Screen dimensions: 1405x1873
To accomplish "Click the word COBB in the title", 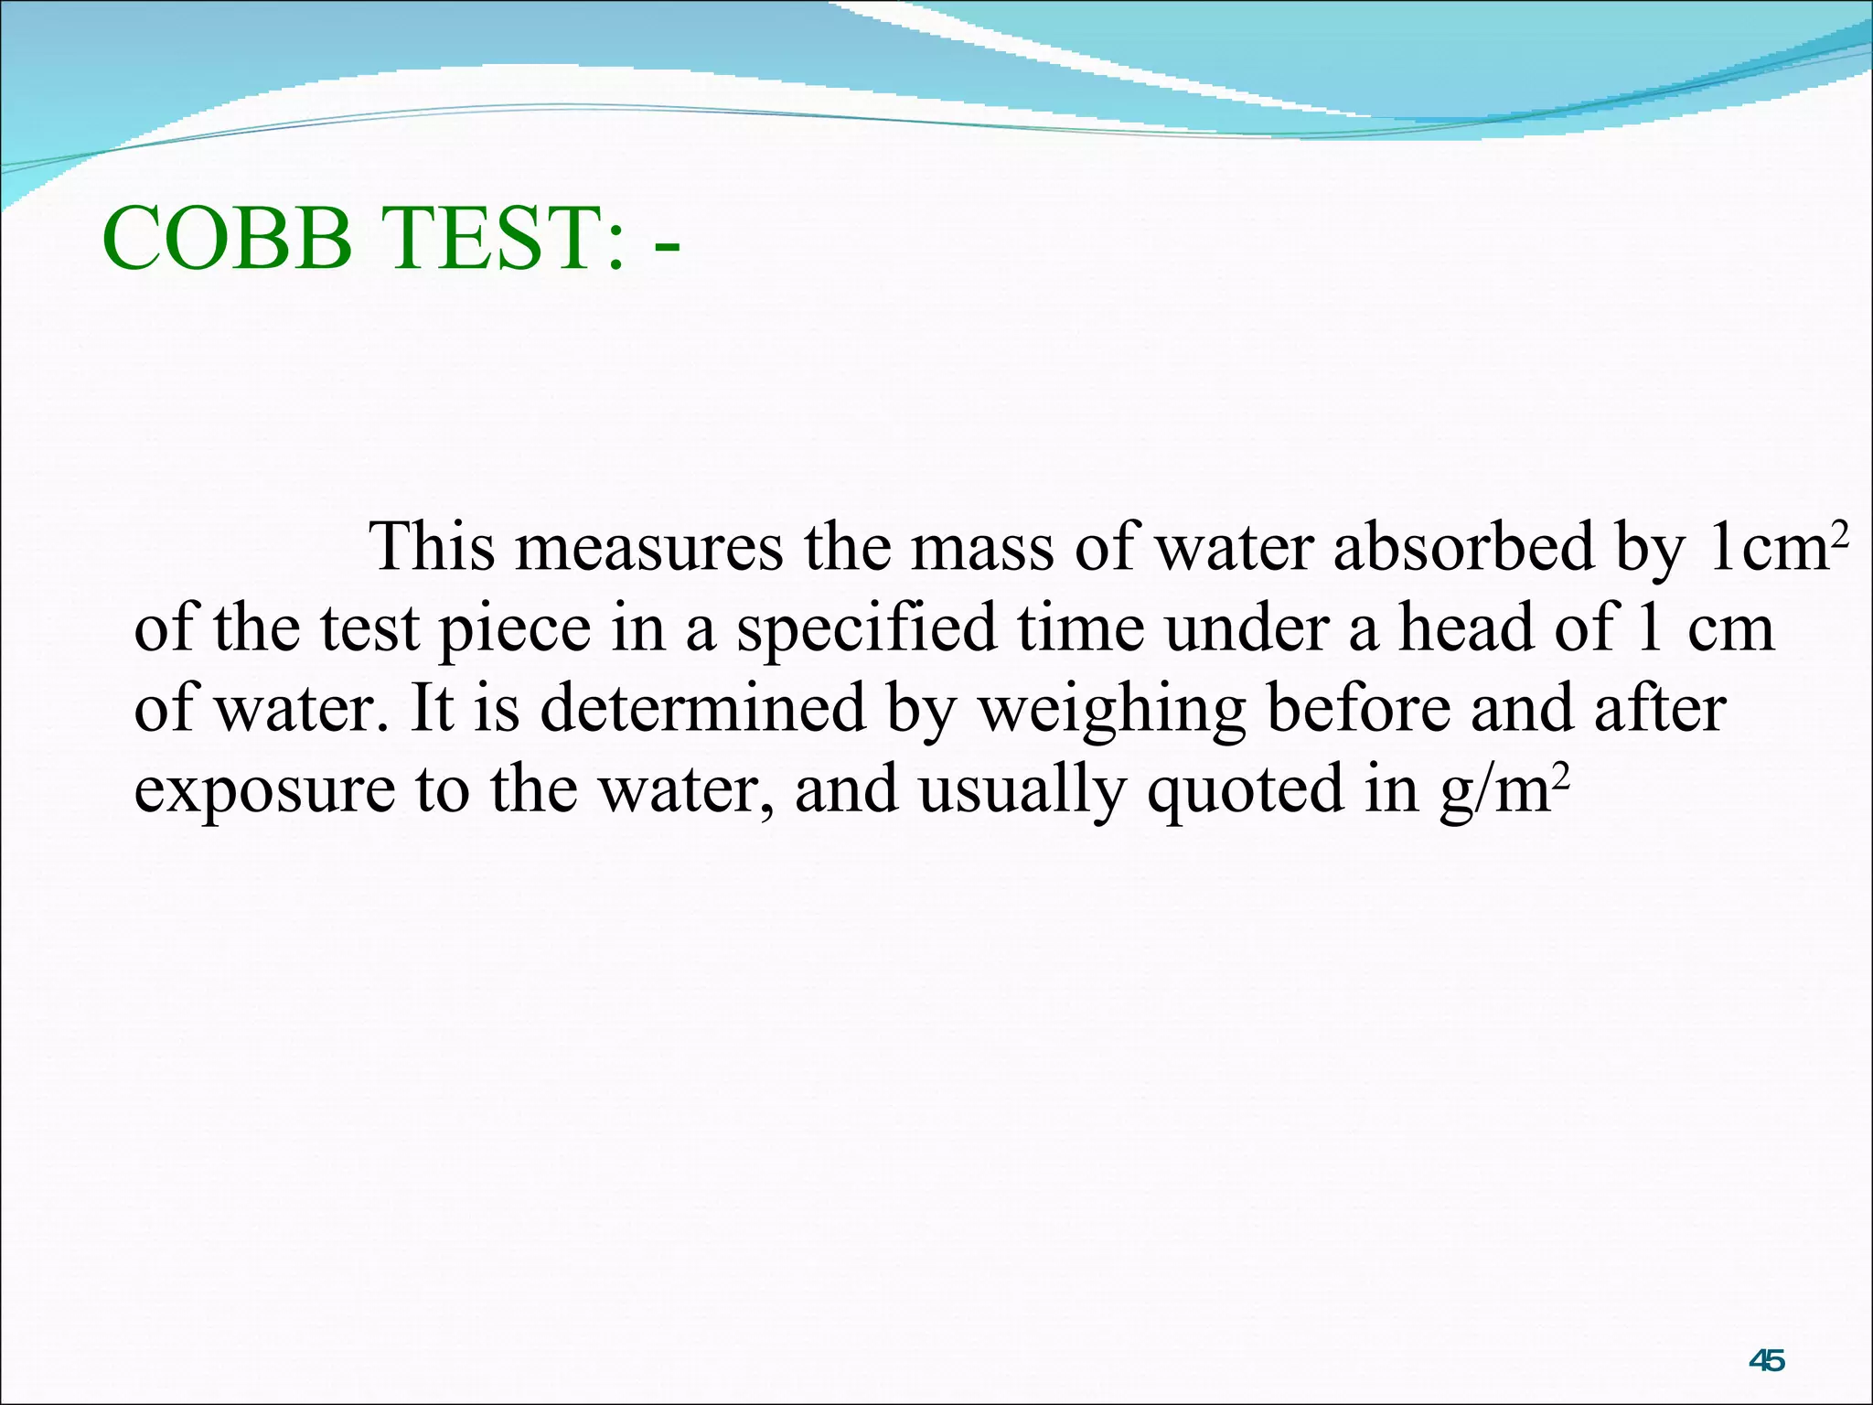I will [227, 240].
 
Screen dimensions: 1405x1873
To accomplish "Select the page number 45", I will [1766, 1361].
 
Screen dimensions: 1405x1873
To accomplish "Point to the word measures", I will [649, 547].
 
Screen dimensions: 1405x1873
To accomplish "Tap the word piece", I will [515, 629].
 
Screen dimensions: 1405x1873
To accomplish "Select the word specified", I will [867, 629].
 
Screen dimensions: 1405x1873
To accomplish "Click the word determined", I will [702, 709].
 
